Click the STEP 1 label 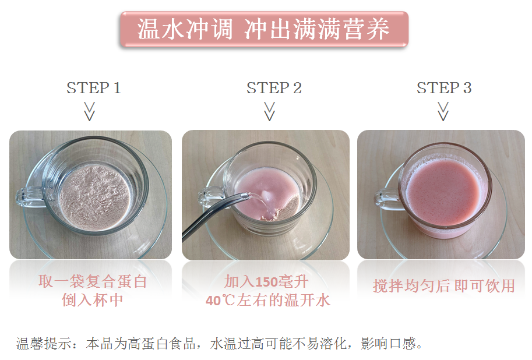coord(94,88)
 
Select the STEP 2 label coord(274,88)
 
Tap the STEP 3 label coord(444,88)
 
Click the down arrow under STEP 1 coord(90,112)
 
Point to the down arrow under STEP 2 coord(269,112)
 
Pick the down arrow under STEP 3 coord(443,112)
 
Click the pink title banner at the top coord(265,29)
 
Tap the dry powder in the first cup coord(94,197)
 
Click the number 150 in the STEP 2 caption coord(266,282)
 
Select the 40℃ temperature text coord(220,301)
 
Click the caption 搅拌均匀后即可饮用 coord(444,285)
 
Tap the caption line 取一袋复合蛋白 coord(92,281)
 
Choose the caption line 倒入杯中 coord(92,300)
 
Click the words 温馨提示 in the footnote coord(44,343)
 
